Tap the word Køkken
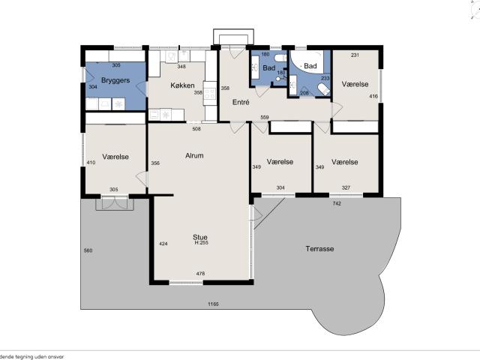coord(182,85)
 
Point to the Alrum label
coord(194,156)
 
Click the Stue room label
coord(200,237)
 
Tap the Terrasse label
coord(319,248)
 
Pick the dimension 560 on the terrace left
coord(88,250)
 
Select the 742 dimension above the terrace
coord(337,203)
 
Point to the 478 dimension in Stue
coord(200,274)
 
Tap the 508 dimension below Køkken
coord(196,129)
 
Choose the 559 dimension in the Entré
coord(265,118)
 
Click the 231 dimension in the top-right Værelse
coord(355,55)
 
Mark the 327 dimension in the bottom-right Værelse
coord(345,187)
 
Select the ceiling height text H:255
coord(201,243)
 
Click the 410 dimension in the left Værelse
coord(91,163)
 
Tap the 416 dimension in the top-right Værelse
coord(373,97)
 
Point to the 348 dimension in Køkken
coord(181,67)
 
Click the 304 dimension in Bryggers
coord(92,88)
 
